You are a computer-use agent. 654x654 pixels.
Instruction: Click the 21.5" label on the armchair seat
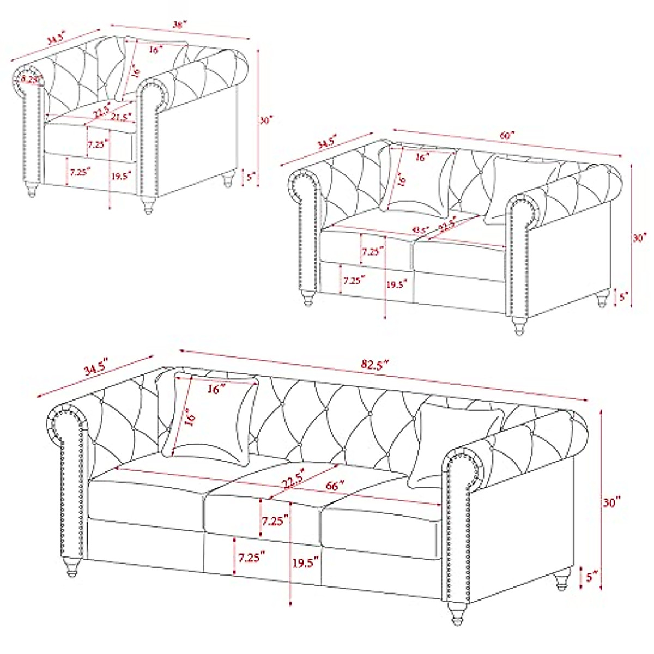121,117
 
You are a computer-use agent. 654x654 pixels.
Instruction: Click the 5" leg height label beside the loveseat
624,296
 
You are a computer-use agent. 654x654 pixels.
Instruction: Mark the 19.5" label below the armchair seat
121,175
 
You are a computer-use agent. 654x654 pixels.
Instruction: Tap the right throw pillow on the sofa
455,444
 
